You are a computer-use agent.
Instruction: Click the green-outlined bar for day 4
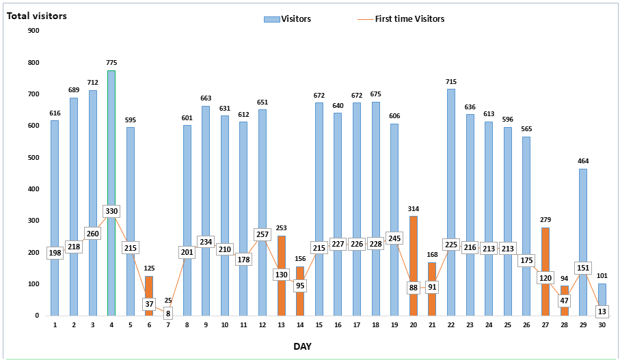point(111,171)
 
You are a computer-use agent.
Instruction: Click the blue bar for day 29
point(582,219)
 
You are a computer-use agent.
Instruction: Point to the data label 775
point(111,63)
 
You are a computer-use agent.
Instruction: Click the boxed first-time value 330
point(111,212)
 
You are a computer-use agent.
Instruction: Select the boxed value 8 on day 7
point(168,313)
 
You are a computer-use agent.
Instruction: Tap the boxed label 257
point(262,234)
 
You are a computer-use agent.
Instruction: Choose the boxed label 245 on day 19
point(394,238)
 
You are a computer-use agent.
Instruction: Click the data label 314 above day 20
point(413,208)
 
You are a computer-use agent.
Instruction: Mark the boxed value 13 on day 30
point(602,311)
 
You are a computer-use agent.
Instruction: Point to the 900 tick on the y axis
point(33,31)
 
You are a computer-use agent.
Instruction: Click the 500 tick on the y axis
point(33,158)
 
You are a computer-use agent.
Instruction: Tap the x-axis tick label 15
point(319,324)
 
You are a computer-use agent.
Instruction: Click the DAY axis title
point(302,346)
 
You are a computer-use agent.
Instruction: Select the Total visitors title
point(37,15)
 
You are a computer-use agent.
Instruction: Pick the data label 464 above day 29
point(582,161)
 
